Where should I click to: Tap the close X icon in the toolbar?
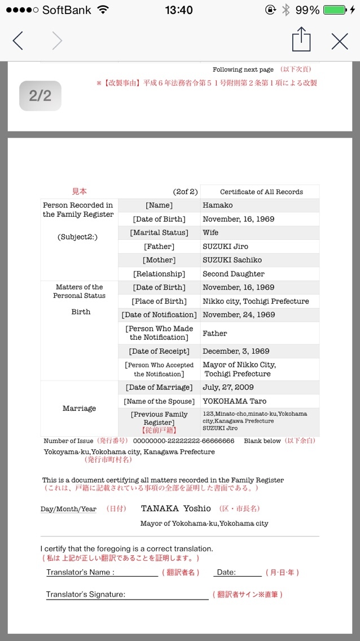coord(340,41)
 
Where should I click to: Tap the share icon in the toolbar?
coord(301,40)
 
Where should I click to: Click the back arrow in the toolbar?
coord(18,41)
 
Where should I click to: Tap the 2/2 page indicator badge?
coord(40,96)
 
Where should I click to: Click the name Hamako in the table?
coord(218,205)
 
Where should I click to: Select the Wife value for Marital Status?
coord(210,232)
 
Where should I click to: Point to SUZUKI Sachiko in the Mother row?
coord(232,260)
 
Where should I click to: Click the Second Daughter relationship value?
coord(234,274)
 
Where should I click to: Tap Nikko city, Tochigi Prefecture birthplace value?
coord(256,301)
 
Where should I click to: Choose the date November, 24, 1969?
coord(239,315)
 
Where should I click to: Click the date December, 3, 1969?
coord(236,352)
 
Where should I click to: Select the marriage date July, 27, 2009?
coord(228,388)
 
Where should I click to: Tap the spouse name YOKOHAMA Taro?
coord(234,402)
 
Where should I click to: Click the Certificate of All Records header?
coord(261,192)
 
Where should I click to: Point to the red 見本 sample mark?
coord(79,192)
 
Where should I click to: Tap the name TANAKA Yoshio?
coord(176,508)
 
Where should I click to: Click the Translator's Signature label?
coord(86,594)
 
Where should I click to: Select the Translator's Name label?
coord(80,572)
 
